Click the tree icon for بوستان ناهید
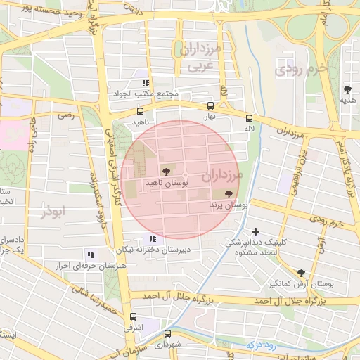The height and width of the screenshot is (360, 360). (166, 171)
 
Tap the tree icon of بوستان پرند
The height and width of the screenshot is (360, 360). (229, 193)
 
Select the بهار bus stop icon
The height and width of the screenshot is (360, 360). (210, 106)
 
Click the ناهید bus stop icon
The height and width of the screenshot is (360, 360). (140, 111)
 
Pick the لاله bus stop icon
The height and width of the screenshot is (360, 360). (249, 117)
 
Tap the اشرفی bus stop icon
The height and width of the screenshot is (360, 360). (133, 317)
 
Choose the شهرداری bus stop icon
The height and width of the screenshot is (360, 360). (167, 333)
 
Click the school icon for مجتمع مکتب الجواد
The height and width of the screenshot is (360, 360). (146, 83)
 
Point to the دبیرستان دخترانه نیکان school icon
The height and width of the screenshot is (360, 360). (152, 238)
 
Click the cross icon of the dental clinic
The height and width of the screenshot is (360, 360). (255, 231)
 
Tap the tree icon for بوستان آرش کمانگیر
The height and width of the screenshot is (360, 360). (301, 273)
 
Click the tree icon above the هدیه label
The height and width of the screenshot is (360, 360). (347, 89)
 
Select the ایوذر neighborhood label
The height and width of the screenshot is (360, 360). (53, 212)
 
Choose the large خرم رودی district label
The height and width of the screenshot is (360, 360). (302, 69)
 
